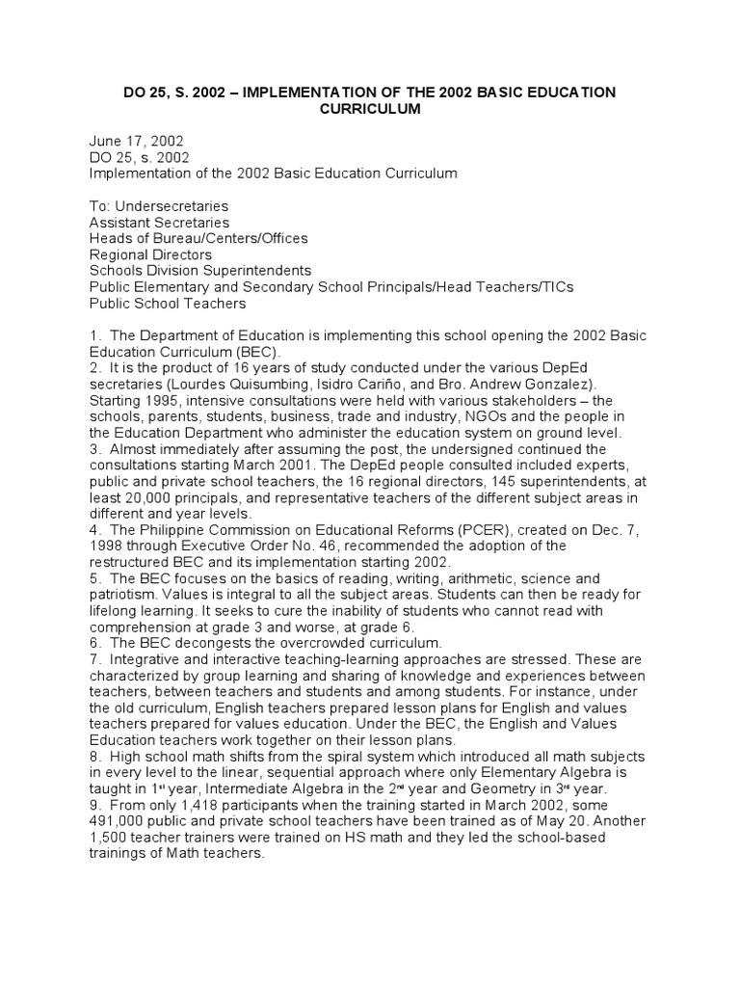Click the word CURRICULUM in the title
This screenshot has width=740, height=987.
[x=370, y=109]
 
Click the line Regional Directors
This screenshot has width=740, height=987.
[x=149, y=254]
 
